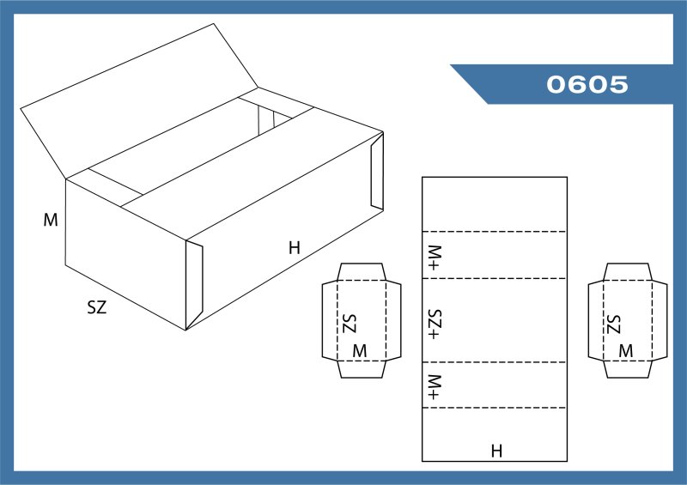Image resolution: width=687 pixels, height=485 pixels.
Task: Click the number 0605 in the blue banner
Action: pos(587,84)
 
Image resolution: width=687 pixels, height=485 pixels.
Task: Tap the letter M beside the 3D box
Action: pos(51,220)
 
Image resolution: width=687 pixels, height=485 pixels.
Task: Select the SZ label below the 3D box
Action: pos(97,307)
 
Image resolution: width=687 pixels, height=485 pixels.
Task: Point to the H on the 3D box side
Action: pos(295,248)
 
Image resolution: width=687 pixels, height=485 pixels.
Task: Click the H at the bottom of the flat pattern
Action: pos(496,451)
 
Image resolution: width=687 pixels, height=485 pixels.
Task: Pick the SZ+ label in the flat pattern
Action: pos(435,324)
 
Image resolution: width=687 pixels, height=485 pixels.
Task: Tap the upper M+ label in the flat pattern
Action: pos(435,258)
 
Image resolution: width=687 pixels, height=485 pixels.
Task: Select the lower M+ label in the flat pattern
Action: pos(435,387)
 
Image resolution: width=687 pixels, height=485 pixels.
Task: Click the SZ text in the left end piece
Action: pos(350,324)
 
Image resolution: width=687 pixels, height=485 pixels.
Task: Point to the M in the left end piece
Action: pos(360,351)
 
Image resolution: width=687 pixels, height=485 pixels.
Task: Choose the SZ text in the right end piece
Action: pos(614,324)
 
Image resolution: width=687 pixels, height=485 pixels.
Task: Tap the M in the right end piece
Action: pos(626,351)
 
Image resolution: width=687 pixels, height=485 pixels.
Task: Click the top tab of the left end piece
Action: pos(362,271)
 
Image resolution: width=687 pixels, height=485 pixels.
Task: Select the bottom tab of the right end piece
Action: pos(628,369)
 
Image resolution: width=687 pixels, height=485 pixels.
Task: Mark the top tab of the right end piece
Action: pos(628,271)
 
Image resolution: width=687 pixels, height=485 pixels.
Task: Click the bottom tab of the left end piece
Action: pos(362,369)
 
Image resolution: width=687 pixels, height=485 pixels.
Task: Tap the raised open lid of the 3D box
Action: pos(139,100)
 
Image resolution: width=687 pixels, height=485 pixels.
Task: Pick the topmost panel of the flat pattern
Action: pos(495,204)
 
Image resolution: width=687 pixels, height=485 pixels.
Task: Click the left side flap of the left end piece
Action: pos(330,321)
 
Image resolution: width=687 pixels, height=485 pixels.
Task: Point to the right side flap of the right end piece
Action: pos(660,321)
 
